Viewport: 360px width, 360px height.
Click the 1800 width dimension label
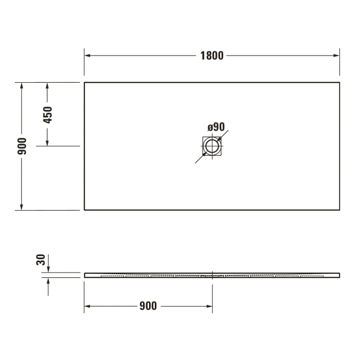tap(212, 56)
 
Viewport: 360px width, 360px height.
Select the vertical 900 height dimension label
tap(22, 147)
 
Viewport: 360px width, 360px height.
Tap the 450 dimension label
tap(47, 115)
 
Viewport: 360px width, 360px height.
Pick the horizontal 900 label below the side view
tap(148, 307)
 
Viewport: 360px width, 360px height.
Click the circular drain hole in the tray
tap(211, 146)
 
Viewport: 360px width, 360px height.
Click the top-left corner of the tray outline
tap(84, 82)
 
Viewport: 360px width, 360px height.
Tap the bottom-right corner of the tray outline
tap(339, 210)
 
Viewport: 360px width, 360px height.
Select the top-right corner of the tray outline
tap(339, 82)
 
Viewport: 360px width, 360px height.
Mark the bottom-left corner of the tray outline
tap(84, 210)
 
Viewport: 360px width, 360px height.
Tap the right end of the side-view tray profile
tap(339, 274)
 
